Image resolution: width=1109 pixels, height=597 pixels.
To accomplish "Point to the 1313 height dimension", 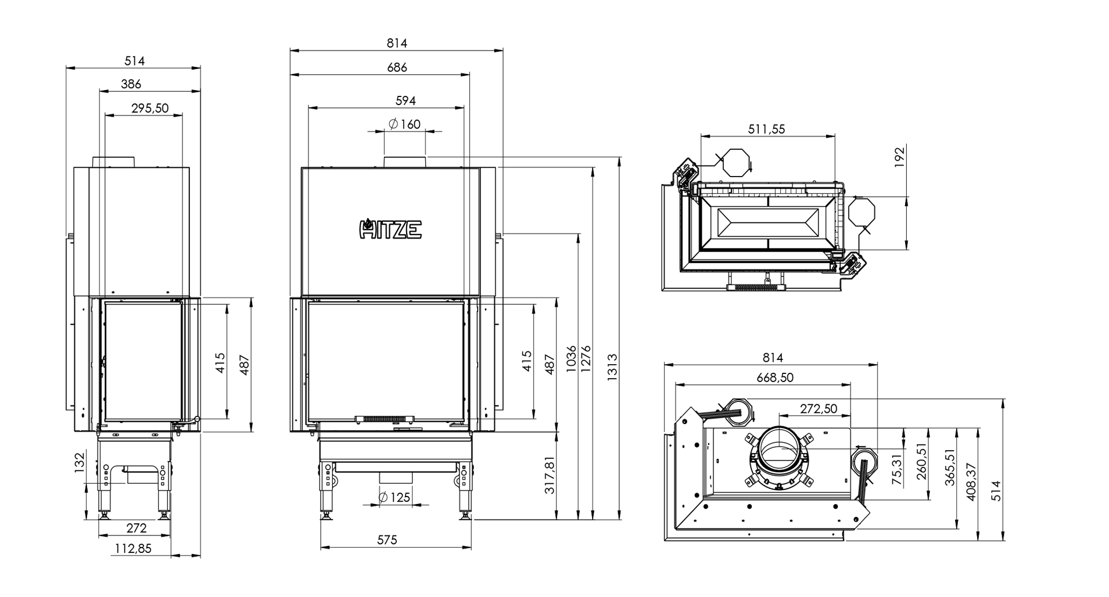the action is point(612,366).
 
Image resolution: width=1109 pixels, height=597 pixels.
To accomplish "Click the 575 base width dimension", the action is point(387,540).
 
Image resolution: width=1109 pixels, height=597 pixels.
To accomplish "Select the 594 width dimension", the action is point(405,100).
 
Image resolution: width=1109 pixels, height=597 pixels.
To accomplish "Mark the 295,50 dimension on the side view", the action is point(149,108).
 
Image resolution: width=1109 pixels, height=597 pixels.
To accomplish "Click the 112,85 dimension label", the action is point(133,548).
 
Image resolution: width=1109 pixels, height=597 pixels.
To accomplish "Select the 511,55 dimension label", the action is point(767,129).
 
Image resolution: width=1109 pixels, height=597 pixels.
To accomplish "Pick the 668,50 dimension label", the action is point(775,377).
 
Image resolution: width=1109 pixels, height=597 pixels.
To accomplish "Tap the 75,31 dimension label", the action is point(898,469).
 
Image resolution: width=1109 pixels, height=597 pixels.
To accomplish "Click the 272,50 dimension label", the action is point(819,409).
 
